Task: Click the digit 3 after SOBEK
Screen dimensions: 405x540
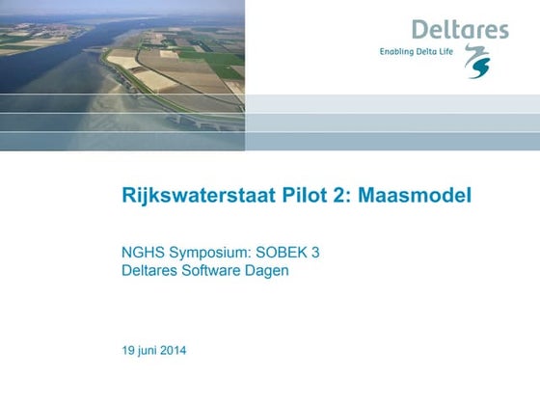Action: point(315,254)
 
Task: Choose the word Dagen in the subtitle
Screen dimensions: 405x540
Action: point(268,271)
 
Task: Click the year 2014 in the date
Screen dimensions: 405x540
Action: point(171,349)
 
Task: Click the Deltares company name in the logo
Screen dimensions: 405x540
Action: point(460,30)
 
